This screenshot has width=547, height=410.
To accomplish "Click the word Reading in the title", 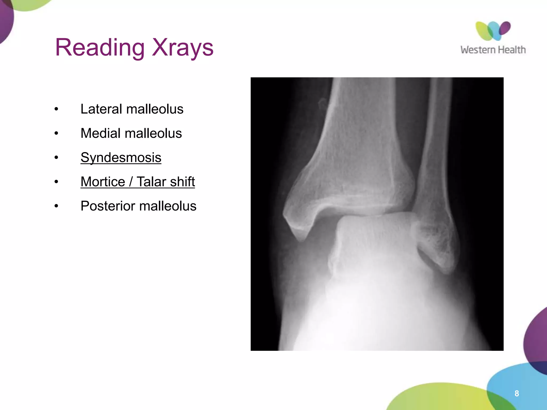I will [100, 48].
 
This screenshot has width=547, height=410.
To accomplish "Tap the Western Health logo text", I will [493, 50].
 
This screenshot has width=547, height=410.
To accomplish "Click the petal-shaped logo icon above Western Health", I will [493, 31].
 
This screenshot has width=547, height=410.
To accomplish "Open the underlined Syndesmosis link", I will [121, 157].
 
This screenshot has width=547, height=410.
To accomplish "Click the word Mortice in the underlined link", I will [103, 182].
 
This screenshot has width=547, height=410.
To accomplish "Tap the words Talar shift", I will [166, 182].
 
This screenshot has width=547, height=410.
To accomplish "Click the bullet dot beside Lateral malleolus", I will [56, 109].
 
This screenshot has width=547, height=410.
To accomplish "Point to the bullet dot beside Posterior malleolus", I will [56, 206].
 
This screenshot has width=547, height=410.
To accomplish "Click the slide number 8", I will [517, 393].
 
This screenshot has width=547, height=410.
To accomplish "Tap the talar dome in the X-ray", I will [374, 222].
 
